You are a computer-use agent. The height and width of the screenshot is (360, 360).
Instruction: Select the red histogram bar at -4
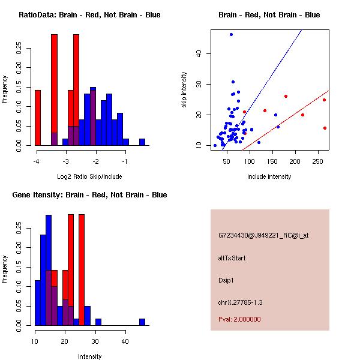(x=38, y=118)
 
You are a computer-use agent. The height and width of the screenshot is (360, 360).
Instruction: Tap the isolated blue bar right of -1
(x=142, y=142)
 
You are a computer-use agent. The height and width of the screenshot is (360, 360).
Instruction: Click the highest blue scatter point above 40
(x=231, y=35)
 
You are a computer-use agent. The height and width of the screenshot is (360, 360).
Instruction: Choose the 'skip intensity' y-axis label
(x=184, y=90)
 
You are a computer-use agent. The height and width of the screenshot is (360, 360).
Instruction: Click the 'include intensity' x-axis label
(x=269, y=177)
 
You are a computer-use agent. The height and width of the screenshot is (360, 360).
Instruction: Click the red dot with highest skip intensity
(x=286, y=96)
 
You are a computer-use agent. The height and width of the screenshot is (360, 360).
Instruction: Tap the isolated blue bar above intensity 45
(x=142, y=322)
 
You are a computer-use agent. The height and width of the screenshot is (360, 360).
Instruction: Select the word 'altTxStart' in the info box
(x=232, y=258)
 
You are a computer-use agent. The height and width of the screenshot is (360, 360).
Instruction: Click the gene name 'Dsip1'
(x=226, y=280)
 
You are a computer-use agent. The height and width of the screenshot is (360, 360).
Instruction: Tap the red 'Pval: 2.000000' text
(x=239, y=319)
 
